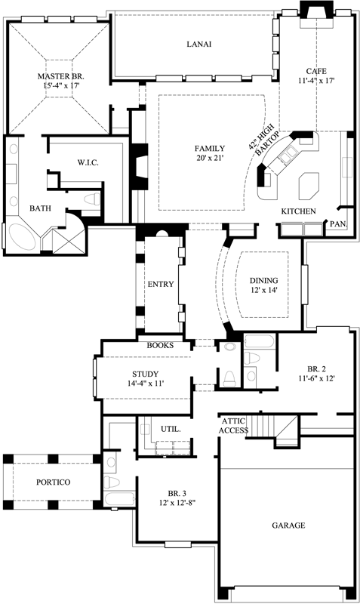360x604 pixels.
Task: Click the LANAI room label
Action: click(x=198, y=45)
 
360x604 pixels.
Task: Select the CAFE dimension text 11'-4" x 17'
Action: click(x=315, y=79)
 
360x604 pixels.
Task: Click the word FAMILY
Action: click(x=210, y=147)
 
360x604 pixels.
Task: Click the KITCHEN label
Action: click(x=298, y=211)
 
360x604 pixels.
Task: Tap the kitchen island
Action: click(x=309, y=183)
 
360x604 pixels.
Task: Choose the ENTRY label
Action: click(x=161, y=285)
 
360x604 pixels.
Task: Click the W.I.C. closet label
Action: click(x=88, y=163)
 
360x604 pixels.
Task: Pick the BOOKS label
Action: click(x=161, y=345)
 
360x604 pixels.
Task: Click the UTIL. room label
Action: click(x=171, y=429)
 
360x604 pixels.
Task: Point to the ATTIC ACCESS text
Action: click(x=234, y=425)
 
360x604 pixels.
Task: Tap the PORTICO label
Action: click(x=54, y=482)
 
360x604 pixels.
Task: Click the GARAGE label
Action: click(x=289, y=525)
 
